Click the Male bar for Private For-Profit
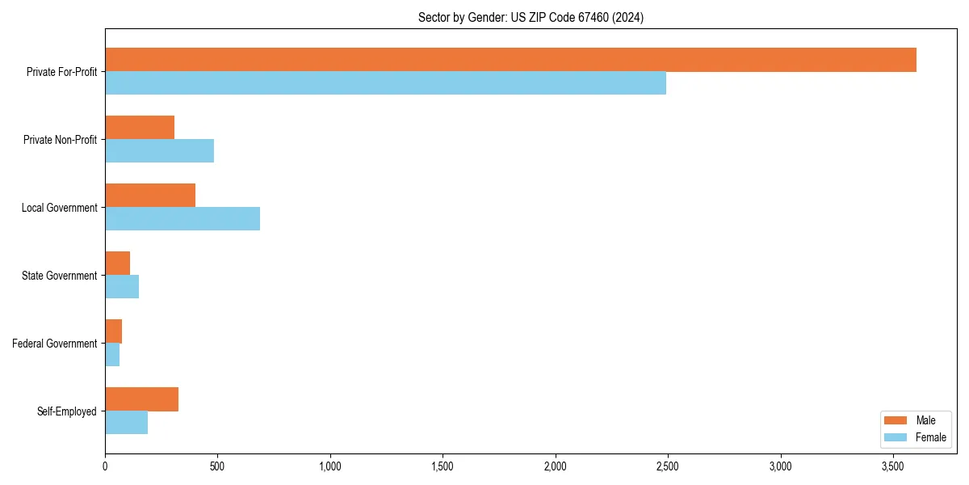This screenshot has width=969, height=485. coord(510,60)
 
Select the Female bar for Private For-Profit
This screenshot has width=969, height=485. coord(385,83)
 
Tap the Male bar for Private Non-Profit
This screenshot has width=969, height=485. coord(140,128)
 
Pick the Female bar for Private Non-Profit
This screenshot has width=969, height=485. coord(159,151)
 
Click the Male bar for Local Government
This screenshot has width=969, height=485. coord(150,196)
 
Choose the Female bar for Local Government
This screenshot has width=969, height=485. coord(182,219)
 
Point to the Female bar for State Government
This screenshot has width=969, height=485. coord(122,287)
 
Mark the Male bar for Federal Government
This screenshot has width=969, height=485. coord(113,331)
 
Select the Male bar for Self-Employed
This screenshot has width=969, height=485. coord(141,399)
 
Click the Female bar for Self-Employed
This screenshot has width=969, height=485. coord(126,423)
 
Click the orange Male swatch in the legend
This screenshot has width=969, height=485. coord(896,420)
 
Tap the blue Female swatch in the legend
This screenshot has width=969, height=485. coord(896,437)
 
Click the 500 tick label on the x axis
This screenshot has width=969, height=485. coord(217,467)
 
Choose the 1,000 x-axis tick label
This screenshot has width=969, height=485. coord(330,467)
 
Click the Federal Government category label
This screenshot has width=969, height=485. coord(55,344)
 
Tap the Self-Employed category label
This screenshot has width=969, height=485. coord(67,411)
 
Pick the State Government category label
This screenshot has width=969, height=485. coord(60,276)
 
